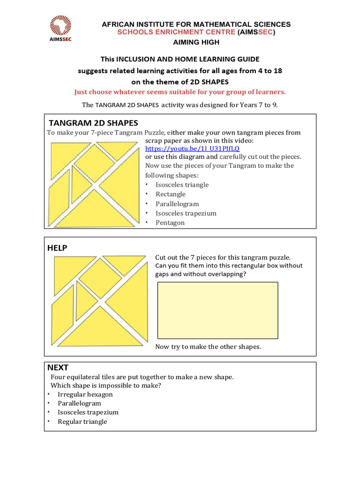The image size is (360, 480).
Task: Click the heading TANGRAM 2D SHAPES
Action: point(93,123)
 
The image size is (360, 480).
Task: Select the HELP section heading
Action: point(57,248)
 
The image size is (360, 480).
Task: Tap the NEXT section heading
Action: point(58,367)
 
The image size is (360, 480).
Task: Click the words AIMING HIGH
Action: point(196,42)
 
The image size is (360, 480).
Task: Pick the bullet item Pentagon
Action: point(170,223)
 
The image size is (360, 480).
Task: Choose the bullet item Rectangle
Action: point(171,194)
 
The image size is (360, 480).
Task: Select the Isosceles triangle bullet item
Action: point(182,185)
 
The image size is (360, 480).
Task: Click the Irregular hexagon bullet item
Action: point(85,394)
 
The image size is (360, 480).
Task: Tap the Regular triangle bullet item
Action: point(82,421)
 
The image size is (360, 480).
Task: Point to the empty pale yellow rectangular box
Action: point(217,310)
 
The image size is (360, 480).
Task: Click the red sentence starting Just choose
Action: point(180,91)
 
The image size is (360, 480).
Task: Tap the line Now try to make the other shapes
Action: point(208,347)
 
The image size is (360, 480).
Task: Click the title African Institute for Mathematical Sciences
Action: point(196,24)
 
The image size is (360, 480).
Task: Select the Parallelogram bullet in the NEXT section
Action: point(79,403)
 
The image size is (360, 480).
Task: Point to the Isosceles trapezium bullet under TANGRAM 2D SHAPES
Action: point(186,213)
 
